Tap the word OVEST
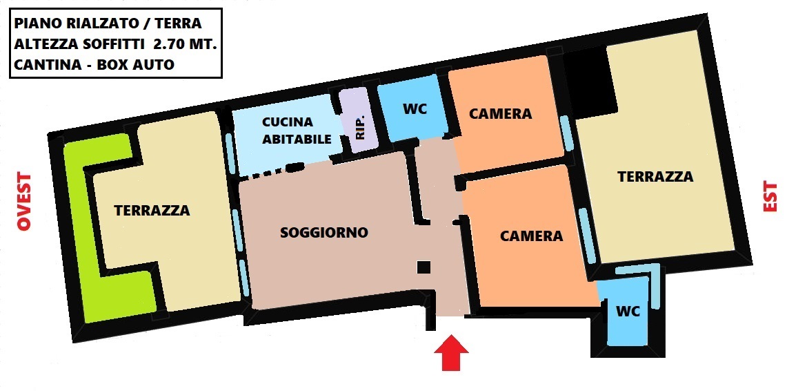click(24, 202)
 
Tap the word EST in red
click(770, 196)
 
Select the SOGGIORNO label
click(324, 232)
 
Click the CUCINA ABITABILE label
click(297, 131)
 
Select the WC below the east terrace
click(627, 311)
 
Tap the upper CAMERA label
click(500, 113)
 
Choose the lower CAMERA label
click(532, 236)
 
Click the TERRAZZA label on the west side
click(152, 210)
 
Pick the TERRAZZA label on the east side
click(655, 177)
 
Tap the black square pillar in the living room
click(424, 267)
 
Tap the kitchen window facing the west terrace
click(231, 153)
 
